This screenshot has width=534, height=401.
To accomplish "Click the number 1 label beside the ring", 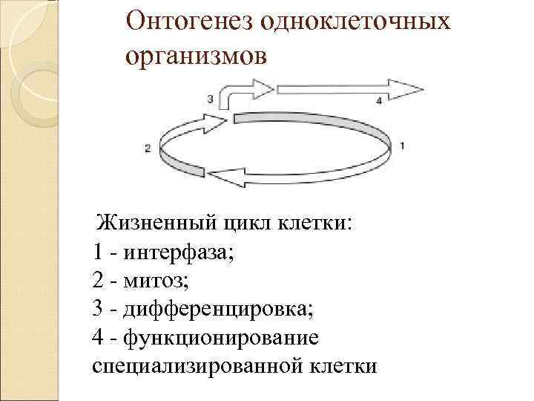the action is (x=401, y=145).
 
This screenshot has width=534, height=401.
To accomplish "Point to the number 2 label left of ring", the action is (x=148, y=149).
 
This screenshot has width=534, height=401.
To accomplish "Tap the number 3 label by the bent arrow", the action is (x=211, y=98).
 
